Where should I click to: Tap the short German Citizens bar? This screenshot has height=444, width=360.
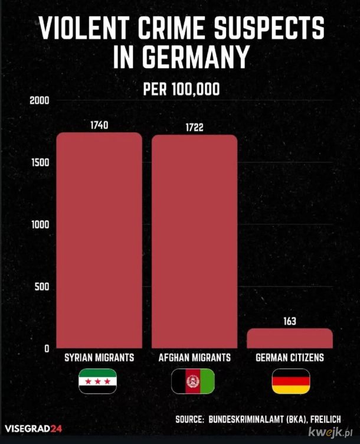(289, 338)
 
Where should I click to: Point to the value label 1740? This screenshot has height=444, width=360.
(99, 125)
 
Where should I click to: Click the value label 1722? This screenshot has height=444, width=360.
(194, 128)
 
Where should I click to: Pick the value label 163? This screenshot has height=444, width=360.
(289, 322)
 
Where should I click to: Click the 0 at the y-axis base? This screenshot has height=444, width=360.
(45, 348)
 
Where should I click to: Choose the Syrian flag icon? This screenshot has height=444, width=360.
(98, 381)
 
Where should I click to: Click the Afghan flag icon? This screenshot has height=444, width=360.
(194, 381)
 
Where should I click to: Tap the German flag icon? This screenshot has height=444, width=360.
(290, 381)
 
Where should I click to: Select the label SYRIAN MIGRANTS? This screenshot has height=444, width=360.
(99, 358)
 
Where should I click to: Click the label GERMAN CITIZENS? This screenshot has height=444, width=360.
(290, 358)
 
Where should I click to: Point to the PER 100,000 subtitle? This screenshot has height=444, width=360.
(181, 90)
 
